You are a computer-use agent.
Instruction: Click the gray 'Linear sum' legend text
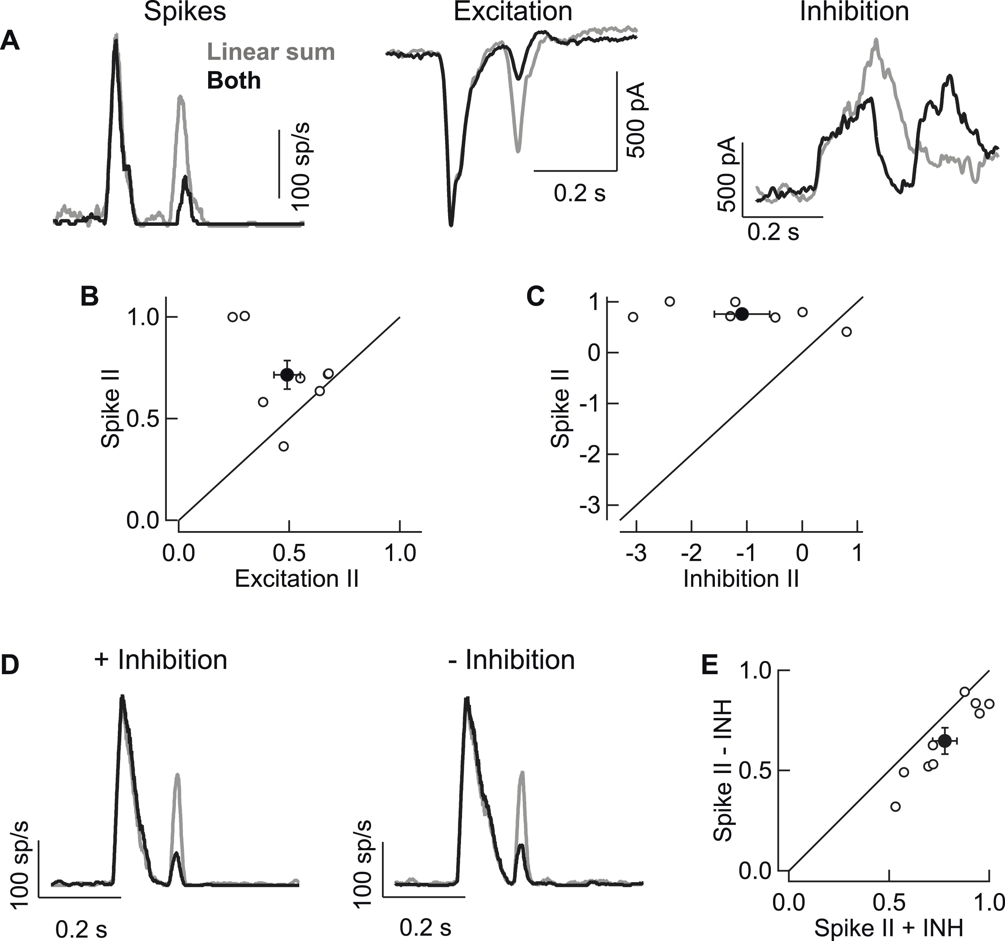(x=271, y=52)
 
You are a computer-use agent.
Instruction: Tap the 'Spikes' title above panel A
(x=185, y=12)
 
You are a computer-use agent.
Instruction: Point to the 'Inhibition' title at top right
(x=854, y=12)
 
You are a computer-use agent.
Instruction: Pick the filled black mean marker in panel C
(x=742, y=314)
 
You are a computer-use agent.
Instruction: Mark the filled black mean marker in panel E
(x=944, y=741)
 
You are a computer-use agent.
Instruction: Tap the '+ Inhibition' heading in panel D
(x=161, y=660)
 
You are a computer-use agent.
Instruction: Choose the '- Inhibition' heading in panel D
(x=511, y=660)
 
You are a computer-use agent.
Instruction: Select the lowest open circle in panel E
(x=895, y=807)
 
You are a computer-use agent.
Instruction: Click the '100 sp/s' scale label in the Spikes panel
(x=302, y=166)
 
